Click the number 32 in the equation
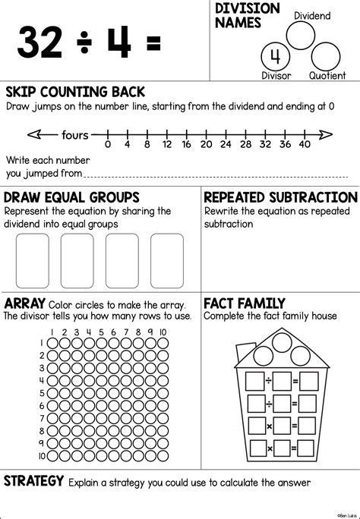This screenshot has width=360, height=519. coord(40,42)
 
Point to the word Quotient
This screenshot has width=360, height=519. coord(328,76)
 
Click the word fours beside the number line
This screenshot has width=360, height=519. coord(76,136)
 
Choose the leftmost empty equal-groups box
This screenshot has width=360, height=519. coord(33,257)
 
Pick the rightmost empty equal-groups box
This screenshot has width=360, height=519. coord(166,257)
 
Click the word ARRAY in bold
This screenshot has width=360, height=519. coord(25,304)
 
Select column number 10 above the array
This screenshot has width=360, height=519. coord(163,332)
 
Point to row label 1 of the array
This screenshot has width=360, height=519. coord(41,343)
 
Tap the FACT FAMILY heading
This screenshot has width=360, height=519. coord(245,304)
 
